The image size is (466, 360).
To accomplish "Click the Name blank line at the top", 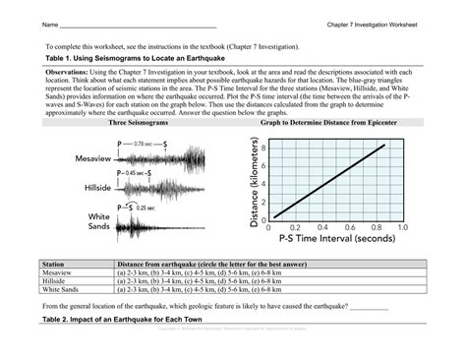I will (138, 25).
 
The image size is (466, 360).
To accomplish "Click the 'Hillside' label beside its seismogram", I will (96, 186).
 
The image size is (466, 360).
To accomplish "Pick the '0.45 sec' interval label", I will (139, 173).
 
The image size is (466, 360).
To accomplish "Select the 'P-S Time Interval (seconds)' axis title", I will (336, 238).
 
